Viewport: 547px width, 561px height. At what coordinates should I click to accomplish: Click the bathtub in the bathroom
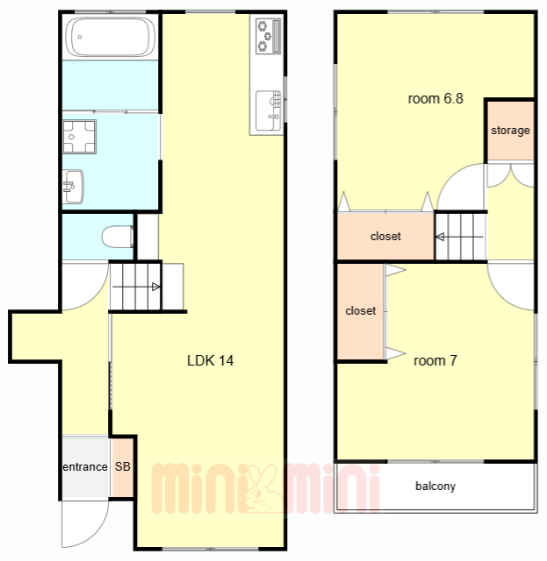click(111, 37)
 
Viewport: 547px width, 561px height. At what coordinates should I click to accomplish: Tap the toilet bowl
click(118, 237)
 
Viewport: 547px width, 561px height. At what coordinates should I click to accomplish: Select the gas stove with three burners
click(268, 36)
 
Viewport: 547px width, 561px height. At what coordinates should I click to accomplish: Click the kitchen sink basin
click(268, 110)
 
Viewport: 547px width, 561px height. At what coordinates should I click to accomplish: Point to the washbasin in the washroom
click(73, 187)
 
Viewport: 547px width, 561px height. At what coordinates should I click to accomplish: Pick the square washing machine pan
click(79, 137)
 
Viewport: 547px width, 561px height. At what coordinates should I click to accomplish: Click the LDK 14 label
click(210, 360)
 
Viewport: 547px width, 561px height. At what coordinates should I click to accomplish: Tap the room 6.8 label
click(435, 98)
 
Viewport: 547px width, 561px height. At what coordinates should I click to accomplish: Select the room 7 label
click(435, 360)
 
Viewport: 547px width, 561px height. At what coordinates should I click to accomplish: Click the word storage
click(510, 131)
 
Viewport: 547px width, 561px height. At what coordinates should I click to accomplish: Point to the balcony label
click(435, 486)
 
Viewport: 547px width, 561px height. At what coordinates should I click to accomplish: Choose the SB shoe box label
click(123, 466)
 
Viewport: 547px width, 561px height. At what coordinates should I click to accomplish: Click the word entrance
click(85, 467)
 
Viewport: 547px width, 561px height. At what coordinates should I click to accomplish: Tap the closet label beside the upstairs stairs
click(385, 236)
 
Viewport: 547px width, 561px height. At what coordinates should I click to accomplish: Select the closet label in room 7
click(360, 310)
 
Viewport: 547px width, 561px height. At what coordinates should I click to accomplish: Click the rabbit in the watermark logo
click(261, 489)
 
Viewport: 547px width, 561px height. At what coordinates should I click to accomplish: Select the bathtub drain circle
click(80, 37)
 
